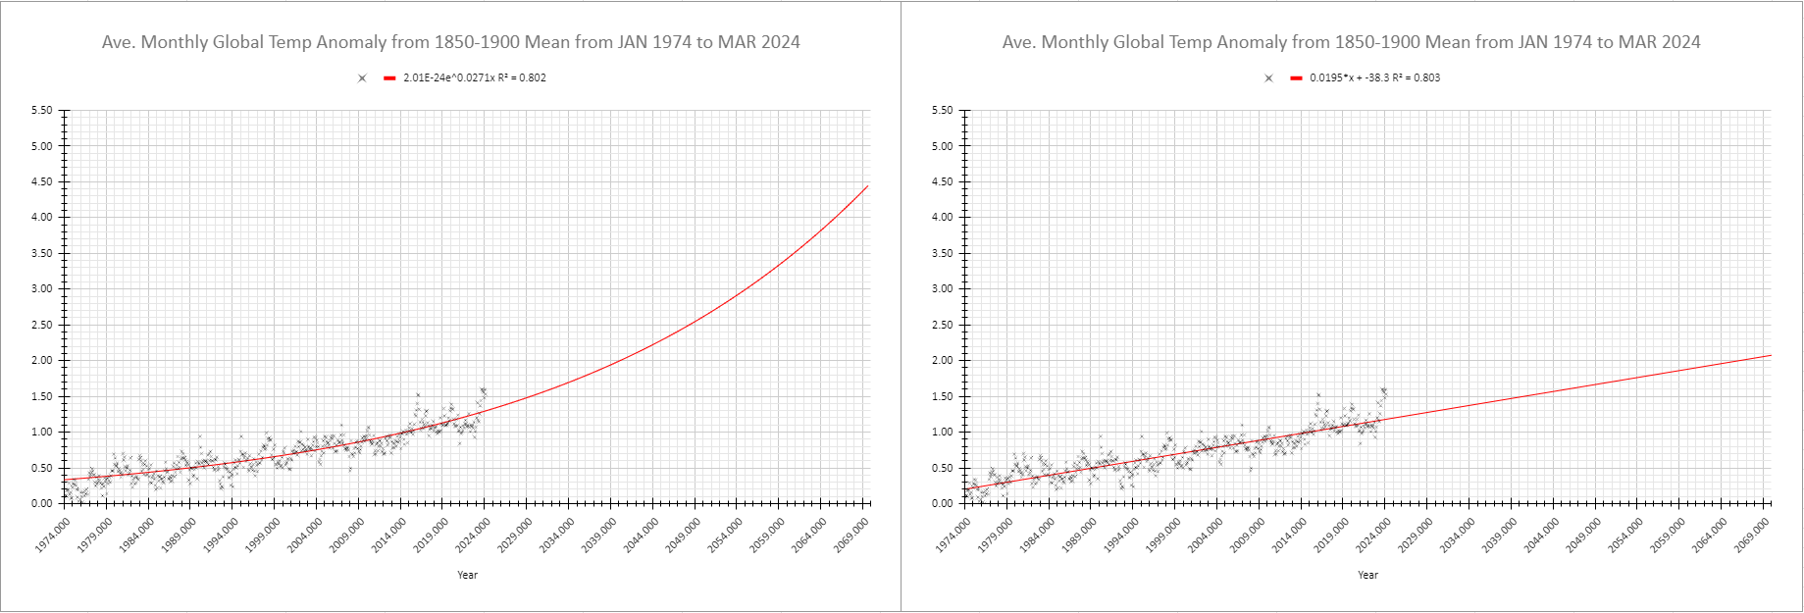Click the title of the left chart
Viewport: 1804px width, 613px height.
click(x=450, y=42)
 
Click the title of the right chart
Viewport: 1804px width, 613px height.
click(x=1351, y=42)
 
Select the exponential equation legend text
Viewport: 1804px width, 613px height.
click(x=475, y=77)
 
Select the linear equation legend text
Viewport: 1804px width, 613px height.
click(x=1374, y=77)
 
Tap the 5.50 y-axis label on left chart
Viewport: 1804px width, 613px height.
click(x=41, y=111)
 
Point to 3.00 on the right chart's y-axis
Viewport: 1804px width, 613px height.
click(x=942, y=289)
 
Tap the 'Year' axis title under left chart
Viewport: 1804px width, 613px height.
click(x=468, y=575)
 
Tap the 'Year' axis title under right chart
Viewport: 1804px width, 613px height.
click(x=1367, y=575)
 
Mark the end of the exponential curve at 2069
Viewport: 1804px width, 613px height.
click(x=867, y=186)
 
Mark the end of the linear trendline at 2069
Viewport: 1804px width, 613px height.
click(x=1770, y=355)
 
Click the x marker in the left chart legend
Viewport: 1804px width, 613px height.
click(x=362, y=78)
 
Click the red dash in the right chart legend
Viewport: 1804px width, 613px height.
click(x=1296, y=78)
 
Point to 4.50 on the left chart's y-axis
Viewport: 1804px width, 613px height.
click(x=41, y=181)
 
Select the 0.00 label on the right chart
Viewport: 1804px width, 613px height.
click(x=942, y=503)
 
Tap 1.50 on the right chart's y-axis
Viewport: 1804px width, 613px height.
click(x=942, y=396)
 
